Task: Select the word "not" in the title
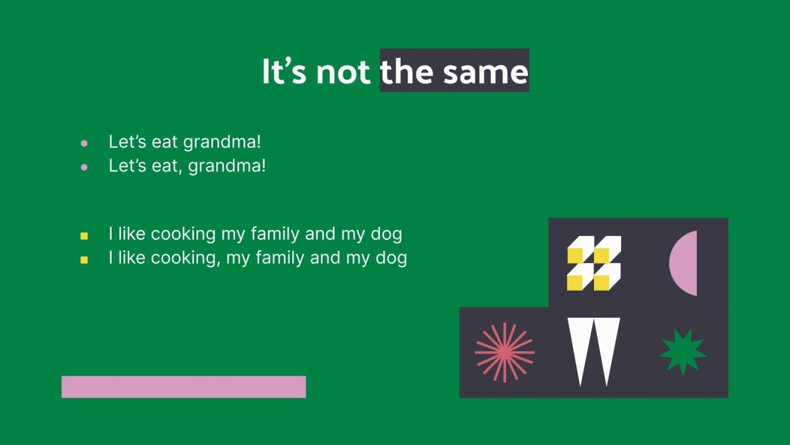(343, 72)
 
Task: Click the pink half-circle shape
(685, 263)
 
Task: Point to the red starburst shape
(504, 353)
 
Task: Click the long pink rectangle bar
(184, 387)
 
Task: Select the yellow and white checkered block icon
(594, 263)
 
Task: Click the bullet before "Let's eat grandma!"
(84, 143)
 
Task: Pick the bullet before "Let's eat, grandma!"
(84, 167)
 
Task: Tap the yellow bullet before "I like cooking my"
(84, 236)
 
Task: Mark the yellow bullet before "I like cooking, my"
(84, 259)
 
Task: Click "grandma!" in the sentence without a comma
(222, 142)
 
